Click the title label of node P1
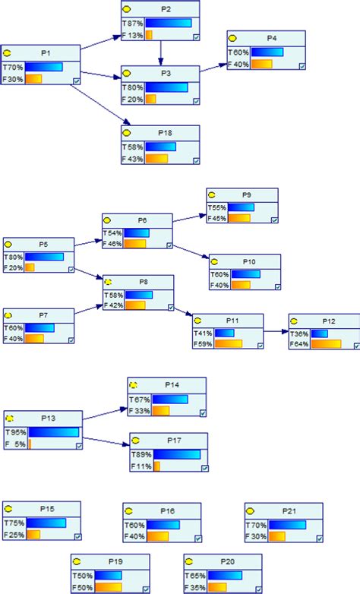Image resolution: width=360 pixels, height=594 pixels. point(46,53)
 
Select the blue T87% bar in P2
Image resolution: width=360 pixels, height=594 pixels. point(169,24)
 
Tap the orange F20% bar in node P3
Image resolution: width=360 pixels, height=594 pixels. point(150,99)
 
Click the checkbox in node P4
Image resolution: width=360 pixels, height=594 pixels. point(302,66)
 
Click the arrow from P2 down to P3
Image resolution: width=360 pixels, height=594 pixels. point(161,53)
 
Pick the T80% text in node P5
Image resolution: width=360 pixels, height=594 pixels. point(14,257)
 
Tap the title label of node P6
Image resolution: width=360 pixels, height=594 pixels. point(142,220)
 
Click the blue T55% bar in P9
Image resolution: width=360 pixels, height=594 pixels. point(242,207)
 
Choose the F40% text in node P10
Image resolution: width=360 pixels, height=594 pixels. point(219,286)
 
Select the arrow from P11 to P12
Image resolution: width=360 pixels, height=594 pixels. point(276,332)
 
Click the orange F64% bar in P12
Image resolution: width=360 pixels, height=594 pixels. point(326,344)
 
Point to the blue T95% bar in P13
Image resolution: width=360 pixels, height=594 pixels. point(53,432)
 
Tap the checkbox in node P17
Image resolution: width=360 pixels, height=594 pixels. point(204,468)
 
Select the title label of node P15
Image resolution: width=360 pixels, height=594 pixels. point(46,508)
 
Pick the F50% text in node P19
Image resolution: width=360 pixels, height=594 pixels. point(82,587)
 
